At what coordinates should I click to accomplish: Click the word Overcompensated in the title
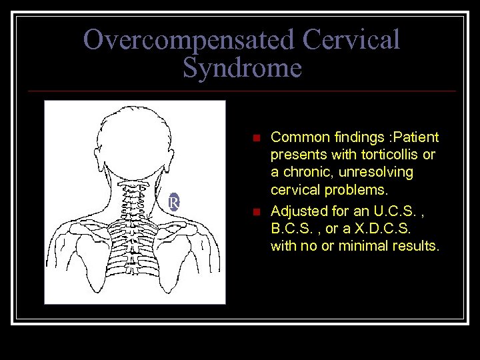click(189, 40)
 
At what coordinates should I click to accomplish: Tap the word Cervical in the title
click(351, 40)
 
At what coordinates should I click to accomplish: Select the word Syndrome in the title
click(242, 68)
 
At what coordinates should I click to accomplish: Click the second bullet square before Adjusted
click(255, 212)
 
